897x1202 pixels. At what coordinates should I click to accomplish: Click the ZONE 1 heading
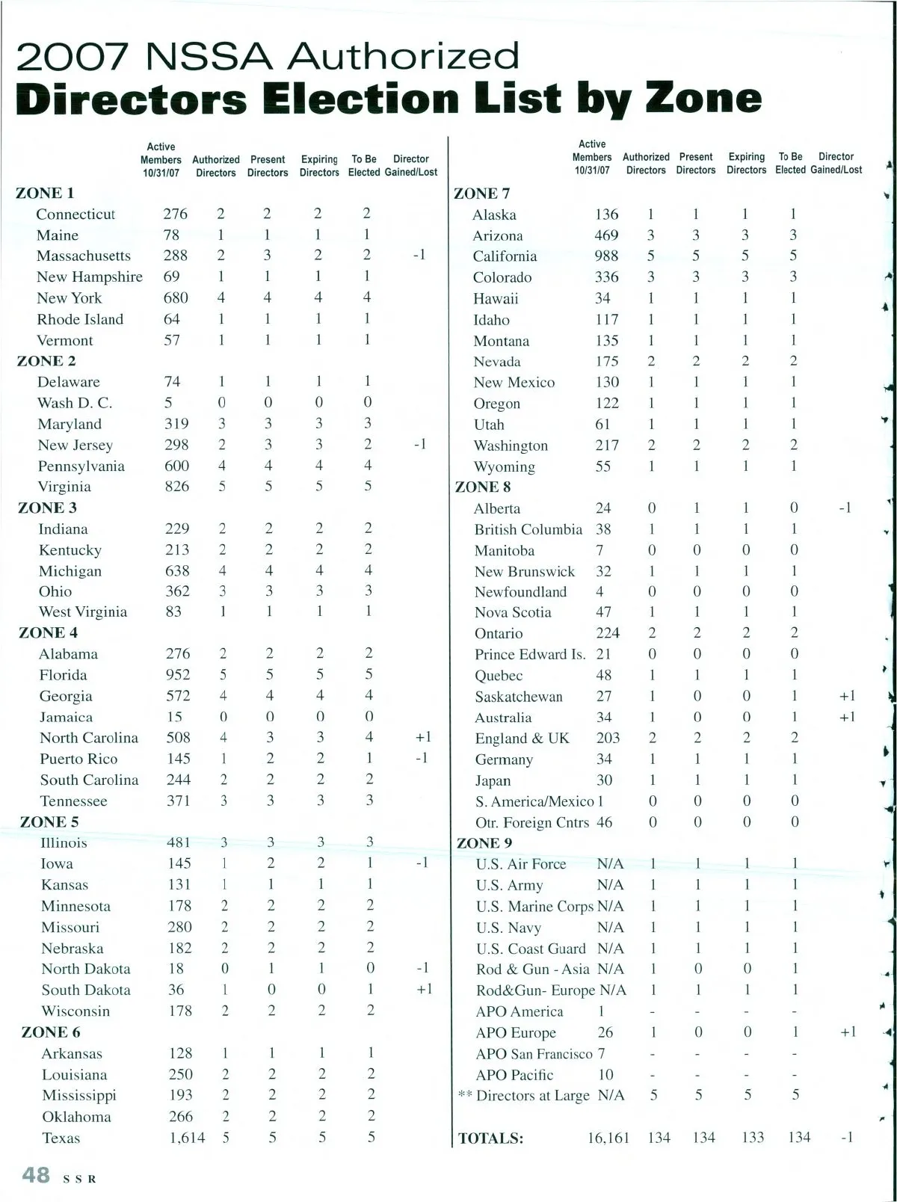pos(45,193)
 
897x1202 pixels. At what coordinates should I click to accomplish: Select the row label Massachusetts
pos(84,256)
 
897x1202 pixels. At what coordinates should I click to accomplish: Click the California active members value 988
pos(606,256)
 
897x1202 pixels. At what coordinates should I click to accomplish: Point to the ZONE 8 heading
pos(483,487)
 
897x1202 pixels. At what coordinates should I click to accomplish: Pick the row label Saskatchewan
pos(519,697)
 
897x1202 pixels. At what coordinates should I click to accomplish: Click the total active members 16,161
pos(608,1138)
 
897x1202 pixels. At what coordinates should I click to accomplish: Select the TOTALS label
pos(490,1138)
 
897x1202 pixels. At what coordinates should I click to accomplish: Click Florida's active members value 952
pos(178,674)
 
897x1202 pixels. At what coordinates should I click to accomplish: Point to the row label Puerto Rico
pos(78,759)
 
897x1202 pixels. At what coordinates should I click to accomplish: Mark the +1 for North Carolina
pos(423,737)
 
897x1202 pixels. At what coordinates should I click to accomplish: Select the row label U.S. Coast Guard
pos(531,949)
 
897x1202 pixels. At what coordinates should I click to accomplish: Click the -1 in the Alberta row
pos(845,508)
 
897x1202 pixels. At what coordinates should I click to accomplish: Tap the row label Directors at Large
pos(532,1096)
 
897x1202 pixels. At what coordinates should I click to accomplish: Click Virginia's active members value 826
pos(177,487)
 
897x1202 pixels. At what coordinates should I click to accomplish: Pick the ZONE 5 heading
pos(49,822)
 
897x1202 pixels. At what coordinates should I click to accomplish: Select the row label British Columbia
pos(528,529)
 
